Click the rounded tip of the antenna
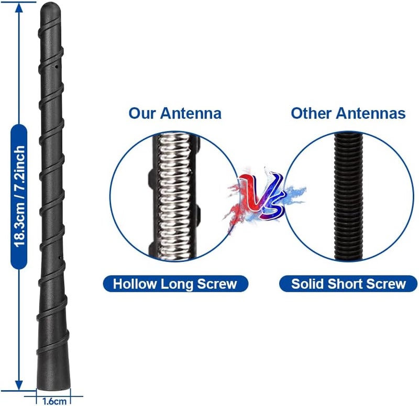pyautogui.click(x=50, y=7)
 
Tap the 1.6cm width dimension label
pyautogui.click(x=54, y=401)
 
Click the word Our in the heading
pyautogui.click(x=141, y=113)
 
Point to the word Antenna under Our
pyautogui.click(x=191, y=113)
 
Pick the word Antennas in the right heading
pyautogui.click(x=371, y=113)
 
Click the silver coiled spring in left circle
pyautogui.click(x=174, y=196)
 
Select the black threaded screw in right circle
pyautogui.click(x=348, y=196)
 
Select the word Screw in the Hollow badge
pyautogui.click(x=217, y=283)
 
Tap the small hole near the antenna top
pyautogui.click(x=57, y=67)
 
